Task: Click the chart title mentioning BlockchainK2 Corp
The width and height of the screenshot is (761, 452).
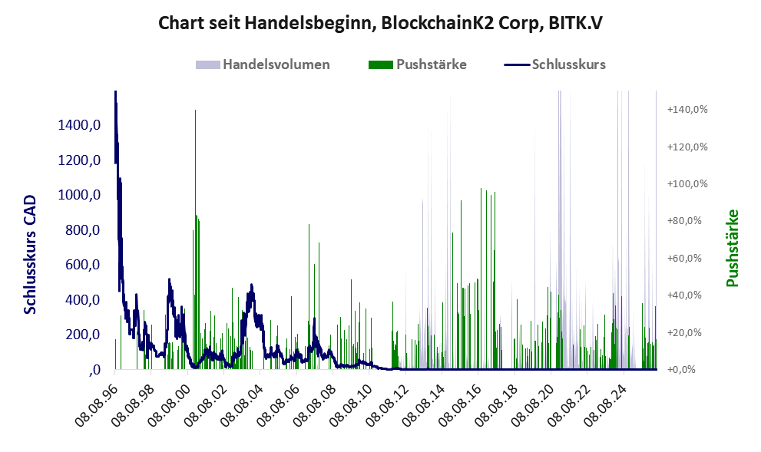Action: (x=380, y=23)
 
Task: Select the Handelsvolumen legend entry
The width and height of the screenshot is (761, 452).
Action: (x=263, y=64)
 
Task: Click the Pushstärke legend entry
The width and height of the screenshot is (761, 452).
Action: (x=418, y=64)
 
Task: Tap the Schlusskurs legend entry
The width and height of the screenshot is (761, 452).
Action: (x=554, y=64)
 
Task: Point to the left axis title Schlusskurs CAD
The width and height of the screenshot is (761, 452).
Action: (x=30, y=255)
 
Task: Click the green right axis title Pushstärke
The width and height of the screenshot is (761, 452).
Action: (x=733, y=248)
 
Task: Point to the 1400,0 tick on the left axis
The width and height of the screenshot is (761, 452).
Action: (x=79, y=125)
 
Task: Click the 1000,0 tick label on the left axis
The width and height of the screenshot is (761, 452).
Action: (x=79, y=195)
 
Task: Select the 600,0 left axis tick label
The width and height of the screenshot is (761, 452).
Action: (x=82, y=265)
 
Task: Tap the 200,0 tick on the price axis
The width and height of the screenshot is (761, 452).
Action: (x=82, y=335)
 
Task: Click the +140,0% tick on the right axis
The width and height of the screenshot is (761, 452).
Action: (x=687, y=109)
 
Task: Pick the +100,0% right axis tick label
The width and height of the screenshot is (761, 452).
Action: (x=687, y=184)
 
